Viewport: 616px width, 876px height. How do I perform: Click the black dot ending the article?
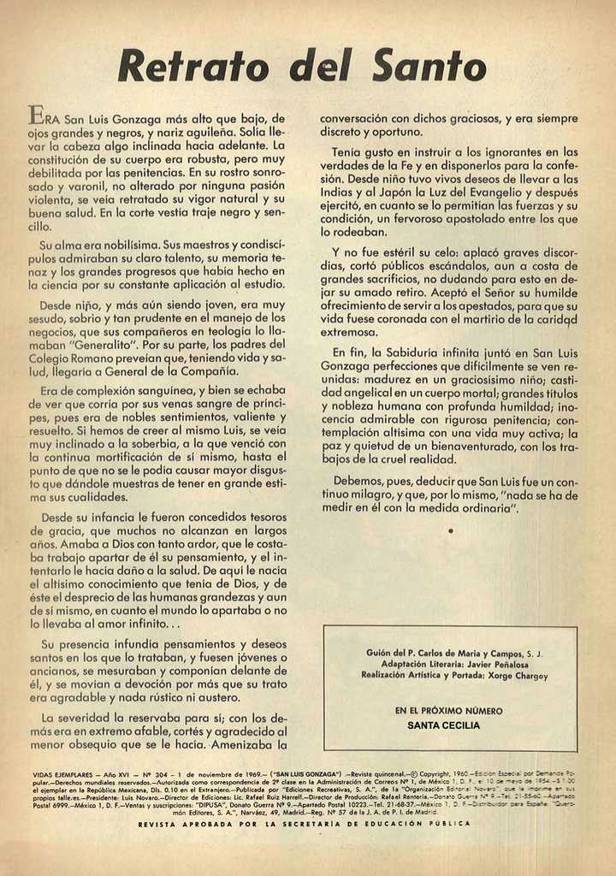point(450,531)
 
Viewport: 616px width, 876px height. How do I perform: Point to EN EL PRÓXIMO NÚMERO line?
point(448,711)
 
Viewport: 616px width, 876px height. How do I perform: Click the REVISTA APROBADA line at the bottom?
point(305,823)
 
